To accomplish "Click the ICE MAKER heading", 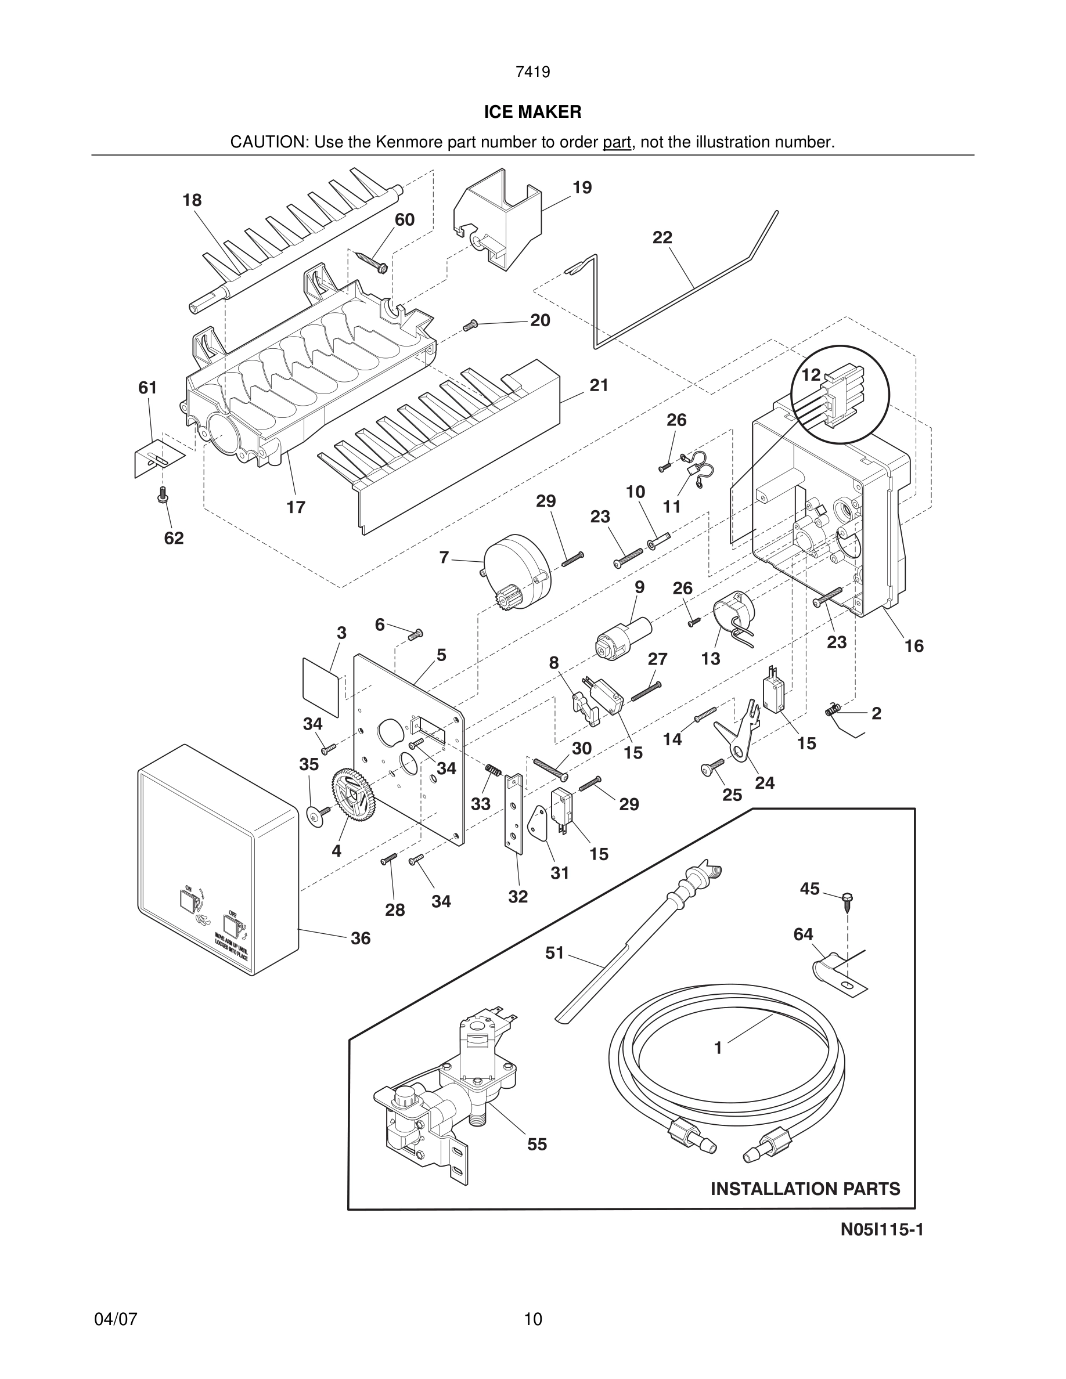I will (x=532, y=113).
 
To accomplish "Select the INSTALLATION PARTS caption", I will (x=805, y=1189).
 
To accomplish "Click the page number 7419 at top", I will (x=532, y=73).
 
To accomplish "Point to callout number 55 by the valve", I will (x=537, y=1144).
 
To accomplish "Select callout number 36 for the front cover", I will (x=361, y=939).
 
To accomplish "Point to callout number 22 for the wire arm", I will (x=662, y=238).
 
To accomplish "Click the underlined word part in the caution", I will (x=617, y=143).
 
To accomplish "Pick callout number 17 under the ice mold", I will (x=296, y=507).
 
